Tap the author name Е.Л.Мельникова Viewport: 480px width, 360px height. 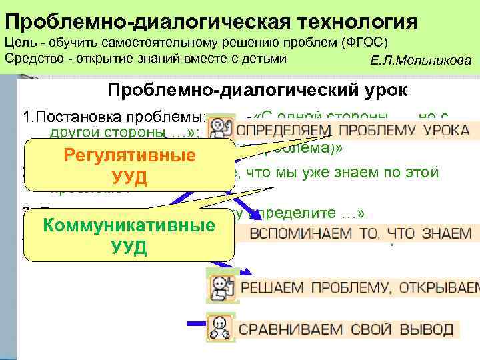[x=421, y=61]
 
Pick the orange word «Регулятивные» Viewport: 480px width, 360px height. [x=129, y=155]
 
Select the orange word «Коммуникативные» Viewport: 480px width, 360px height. [x=129, y=225]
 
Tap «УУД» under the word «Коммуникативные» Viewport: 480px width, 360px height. [x=129, y=247]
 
